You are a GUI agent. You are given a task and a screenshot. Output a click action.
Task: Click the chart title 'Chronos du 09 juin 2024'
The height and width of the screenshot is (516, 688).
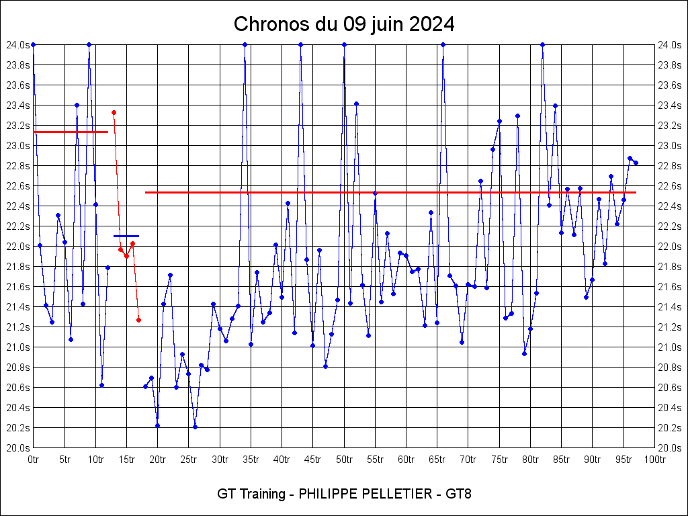344,25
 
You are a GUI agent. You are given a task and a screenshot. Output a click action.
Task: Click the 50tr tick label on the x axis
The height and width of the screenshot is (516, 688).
344,460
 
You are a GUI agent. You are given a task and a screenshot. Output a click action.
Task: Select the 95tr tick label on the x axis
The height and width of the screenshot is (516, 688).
624,460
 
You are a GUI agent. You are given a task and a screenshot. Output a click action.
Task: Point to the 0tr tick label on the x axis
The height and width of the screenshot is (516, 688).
33,460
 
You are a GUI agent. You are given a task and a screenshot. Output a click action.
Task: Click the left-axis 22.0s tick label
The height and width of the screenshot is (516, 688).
17,247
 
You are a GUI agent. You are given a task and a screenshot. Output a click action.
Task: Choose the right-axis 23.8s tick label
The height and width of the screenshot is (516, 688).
671,65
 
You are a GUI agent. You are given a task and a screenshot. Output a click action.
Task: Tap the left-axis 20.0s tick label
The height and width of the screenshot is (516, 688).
17,447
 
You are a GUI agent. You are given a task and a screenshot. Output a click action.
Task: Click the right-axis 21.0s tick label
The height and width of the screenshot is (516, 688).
671,347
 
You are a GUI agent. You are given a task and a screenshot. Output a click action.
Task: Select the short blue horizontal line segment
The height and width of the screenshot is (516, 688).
126,236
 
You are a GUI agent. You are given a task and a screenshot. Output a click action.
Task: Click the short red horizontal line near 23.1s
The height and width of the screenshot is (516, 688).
71,132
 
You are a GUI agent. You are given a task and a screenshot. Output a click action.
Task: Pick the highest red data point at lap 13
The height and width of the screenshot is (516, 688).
114,112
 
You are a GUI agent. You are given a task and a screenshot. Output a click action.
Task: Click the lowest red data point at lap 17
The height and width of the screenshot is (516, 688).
138,320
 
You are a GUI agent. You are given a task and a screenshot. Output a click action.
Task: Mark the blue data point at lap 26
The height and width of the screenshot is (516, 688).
195,427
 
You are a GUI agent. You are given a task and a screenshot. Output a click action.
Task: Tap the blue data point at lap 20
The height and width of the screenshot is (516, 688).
157,425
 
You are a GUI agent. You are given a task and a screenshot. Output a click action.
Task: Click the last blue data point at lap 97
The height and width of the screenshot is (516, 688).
636,163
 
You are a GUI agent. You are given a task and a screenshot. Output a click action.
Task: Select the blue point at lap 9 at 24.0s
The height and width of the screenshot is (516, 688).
89,44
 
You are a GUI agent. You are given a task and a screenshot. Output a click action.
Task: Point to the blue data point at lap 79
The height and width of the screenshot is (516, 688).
524,353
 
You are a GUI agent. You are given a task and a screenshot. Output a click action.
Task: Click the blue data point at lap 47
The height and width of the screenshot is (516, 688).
325,366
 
